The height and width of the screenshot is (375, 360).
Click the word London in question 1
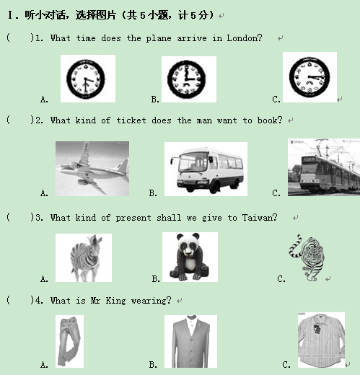point(245,38)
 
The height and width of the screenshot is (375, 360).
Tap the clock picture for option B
point(189,79)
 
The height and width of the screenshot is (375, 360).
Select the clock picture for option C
point(309,77)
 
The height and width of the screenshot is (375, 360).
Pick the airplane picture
point(92,169)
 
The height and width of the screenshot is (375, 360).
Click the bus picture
point(206,169)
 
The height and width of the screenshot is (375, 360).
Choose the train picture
point(324,167)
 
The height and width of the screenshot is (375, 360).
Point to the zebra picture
point(84,257)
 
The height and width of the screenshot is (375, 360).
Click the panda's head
point(188,245)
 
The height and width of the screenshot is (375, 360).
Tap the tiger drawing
point(307,257)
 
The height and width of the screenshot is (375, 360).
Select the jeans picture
point(69,341)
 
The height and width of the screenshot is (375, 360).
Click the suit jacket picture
point(190,341)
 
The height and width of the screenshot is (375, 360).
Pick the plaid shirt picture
point(321,340)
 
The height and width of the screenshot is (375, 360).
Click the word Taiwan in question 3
point(260,218)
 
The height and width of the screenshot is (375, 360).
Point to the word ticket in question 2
point(131,120)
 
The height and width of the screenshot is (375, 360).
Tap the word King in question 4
point(115,301)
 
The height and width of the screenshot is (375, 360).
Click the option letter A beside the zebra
point(44,279)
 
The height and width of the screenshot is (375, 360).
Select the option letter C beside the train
point(276,193)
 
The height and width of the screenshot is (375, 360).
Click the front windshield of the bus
point(193,162)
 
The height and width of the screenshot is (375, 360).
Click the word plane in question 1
point(159,38)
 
